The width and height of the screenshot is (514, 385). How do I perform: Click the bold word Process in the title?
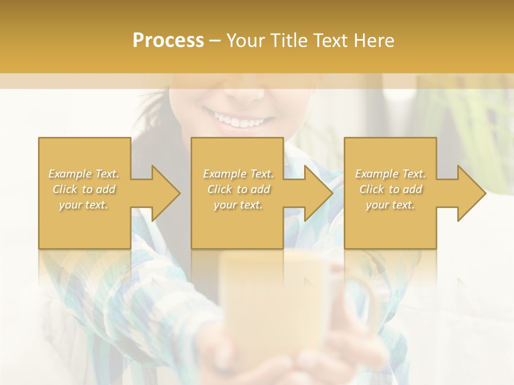tap(168, 41)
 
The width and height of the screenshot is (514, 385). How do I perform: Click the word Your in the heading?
tap(245, 41)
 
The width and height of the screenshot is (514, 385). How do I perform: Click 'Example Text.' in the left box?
tap(84, 174)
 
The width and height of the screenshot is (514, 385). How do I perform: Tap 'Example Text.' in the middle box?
tap(238, 174)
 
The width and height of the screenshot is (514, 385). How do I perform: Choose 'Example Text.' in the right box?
tap(390, 174)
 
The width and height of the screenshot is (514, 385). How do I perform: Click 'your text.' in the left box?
tap(84, 205)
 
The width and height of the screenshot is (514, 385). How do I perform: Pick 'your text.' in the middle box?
tap(238, 205)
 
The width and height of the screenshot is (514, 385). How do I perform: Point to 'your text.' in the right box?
tap(390, 205)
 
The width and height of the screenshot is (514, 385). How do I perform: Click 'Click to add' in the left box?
tap(84, 189)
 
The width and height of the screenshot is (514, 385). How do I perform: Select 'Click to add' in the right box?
tap(390, 189)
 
